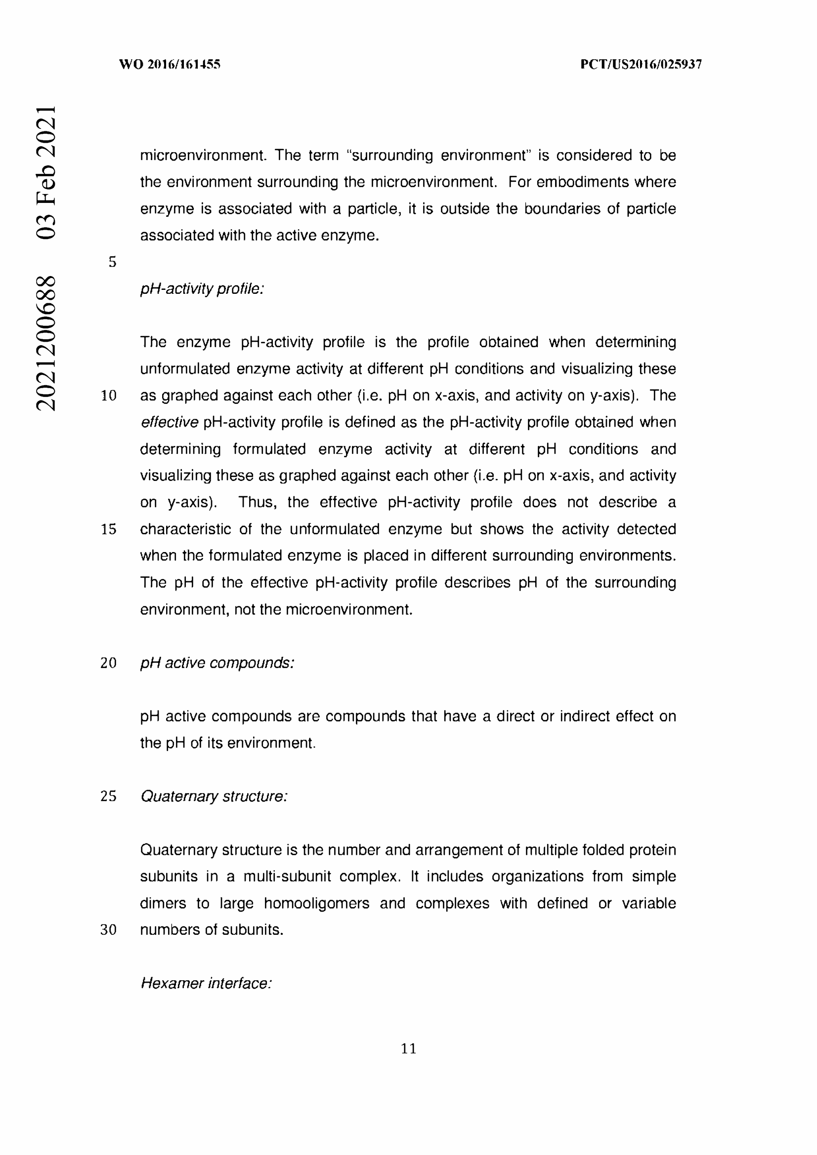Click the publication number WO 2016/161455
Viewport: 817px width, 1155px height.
pos(170,64)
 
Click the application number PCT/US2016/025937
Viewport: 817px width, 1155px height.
pos(641,64)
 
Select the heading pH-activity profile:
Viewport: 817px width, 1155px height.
pos(202,289)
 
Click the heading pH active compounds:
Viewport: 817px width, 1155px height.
pos(217,663)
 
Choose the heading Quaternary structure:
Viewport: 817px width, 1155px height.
pos(214,797)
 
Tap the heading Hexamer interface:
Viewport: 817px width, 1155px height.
pos(206,983)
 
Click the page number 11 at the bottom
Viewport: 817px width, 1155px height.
pos(408,1049)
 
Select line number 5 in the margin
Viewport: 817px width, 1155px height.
pos(112,262)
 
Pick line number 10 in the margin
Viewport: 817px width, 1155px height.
pos(109,396)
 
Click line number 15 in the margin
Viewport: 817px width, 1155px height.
pos(109,529)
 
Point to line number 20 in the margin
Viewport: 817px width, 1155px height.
pos(109,663)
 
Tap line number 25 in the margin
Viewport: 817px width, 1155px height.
pos(109,797)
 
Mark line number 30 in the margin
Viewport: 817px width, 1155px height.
pos(109,930)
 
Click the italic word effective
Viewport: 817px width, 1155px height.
pos(169,423)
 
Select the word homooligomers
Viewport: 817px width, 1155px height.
pos(316,904)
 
